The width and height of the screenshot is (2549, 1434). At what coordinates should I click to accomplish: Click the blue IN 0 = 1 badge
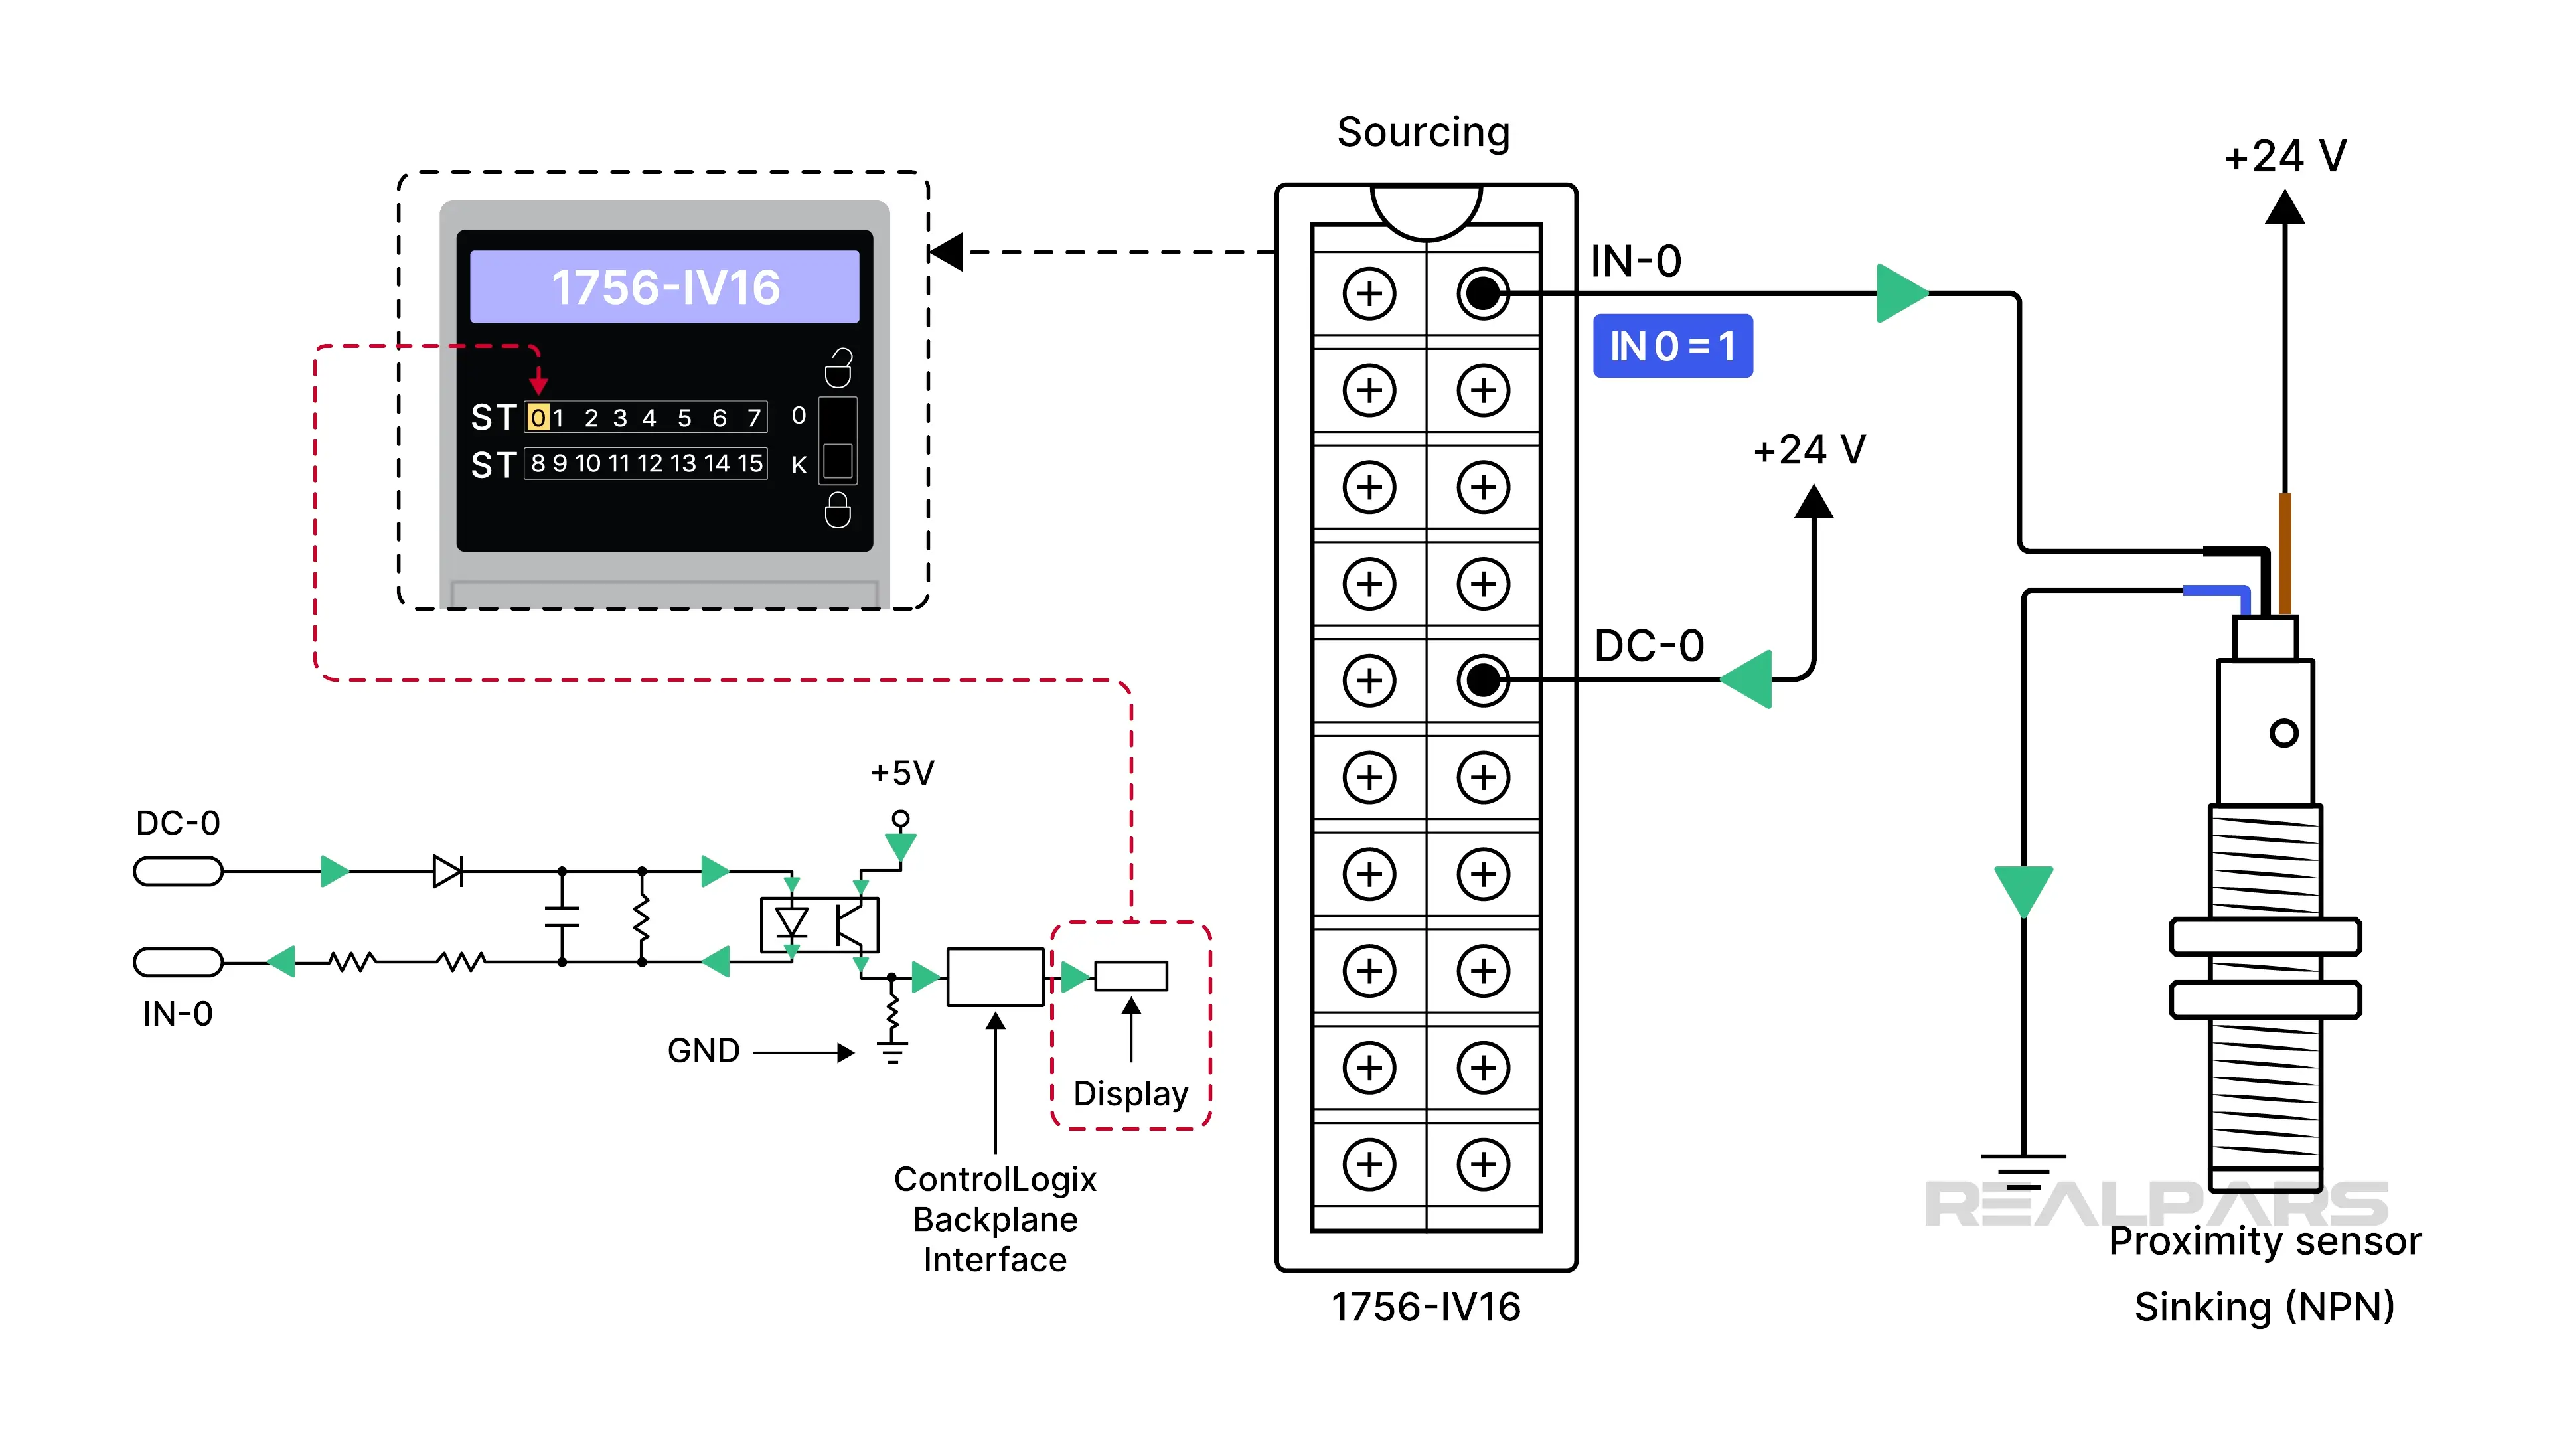point(1671,347)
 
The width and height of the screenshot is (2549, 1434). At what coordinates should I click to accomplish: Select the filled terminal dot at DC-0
point(1482,680)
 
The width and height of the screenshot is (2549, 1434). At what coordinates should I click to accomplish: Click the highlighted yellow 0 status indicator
point(537,418)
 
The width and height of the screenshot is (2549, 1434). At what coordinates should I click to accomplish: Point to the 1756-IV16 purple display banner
point(664,287)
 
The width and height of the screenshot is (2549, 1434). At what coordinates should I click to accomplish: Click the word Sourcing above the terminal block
point(1423,131)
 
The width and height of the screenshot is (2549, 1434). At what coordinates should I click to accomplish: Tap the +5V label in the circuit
point(901,773)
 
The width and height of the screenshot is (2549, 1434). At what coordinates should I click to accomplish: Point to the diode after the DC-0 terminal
point(447,872)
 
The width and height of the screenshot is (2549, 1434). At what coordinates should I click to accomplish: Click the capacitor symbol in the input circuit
point(562,916)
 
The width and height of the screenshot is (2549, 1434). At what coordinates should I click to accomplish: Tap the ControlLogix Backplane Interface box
point(994,977)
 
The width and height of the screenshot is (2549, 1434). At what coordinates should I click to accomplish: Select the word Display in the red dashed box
point(1130,1093)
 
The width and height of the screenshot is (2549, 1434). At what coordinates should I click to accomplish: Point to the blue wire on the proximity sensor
point(2216,592)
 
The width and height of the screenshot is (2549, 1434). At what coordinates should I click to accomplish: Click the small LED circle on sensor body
point(2283,734)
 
